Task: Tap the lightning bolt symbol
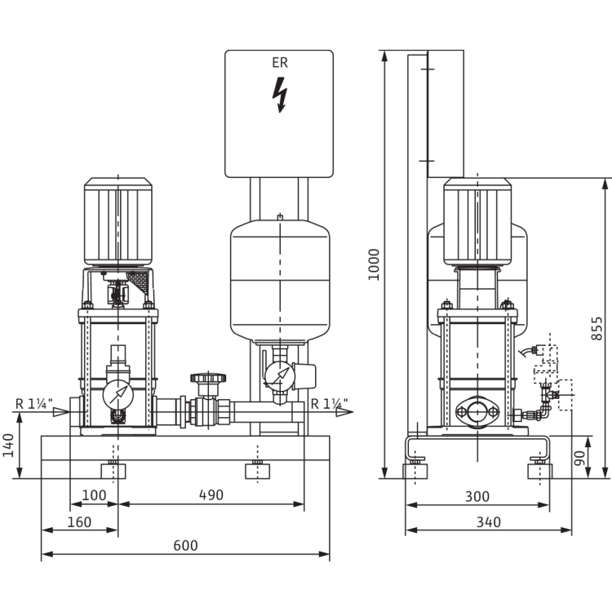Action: pyautogui.click(x=281, y=95)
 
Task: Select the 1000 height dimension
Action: pyautogui.click(x=375, y=264)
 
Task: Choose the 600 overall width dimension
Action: pyautogui.click(x=185, y=544)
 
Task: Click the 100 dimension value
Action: pyautogui.click(x=96, y=495)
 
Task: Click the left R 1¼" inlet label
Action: pyautogui.click(x=34, y=401)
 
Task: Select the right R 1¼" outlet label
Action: pyautogui.click(x=329, y=401)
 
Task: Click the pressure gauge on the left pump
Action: pyautogui.click(x=118, y=392)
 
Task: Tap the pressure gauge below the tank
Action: pyautogui.click(x=279, y=377)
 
